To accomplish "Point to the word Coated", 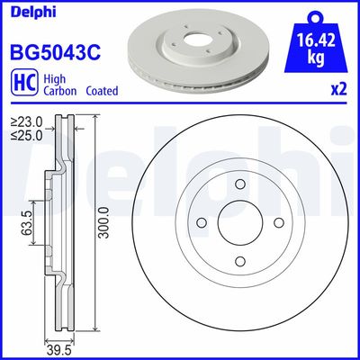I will tap(101, 91).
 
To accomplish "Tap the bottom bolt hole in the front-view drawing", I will tap(238, 262).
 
